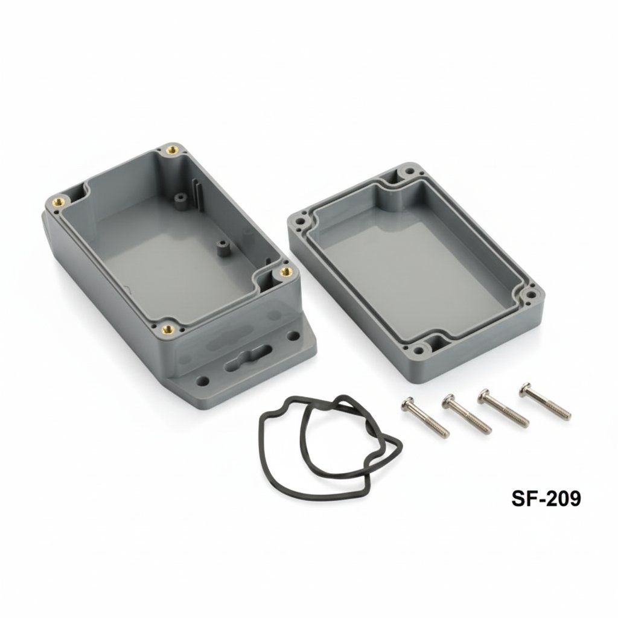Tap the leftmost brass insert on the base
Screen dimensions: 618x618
pos(59,202)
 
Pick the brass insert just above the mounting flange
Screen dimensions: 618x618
pos(168,330)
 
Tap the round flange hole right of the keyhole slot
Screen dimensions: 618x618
pos(296,336)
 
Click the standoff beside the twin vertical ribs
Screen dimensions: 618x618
pos(179,197)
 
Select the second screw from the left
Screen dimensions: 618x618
pos(466,413)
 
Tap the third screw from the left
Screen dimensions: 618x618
pos(503,407)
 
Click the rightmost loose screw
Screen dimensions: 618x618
pos(544,402)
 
